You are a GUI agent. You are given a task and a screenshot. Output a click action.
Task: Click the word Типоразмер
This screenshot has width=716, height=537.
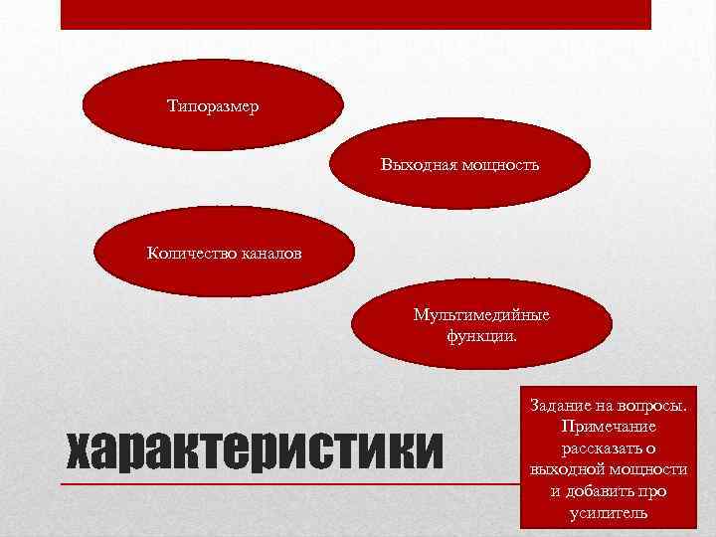click(x=213, y=105)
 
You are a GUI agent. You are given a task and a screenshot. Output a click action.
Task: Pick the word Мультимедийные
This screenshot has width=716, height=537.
click(x=481, y=315)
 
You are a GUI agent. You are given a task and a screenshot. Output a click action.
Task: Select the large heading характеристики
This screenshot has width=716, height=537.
click(x=252, y=451)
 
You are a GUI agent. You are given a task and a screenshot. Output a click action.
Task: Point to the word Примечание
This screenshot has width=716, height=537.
click(x=608, y=427)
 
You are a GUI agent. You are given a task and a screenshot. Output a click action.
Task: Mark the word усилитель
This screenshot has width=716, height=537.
click(x=608, y=513)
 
